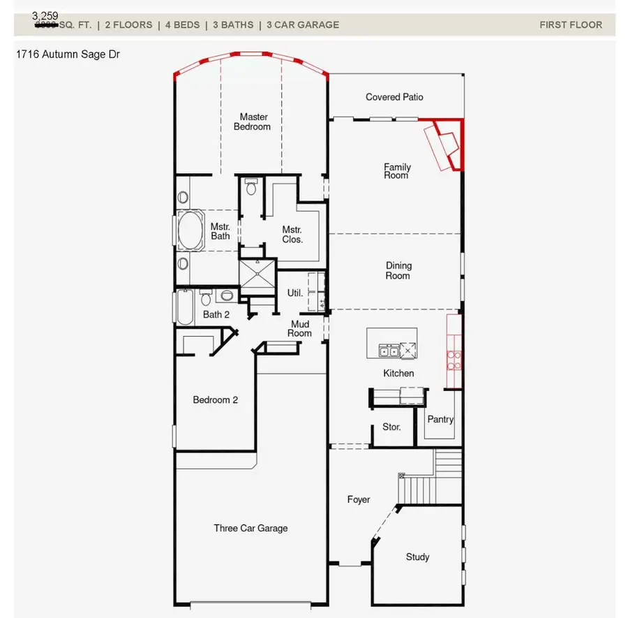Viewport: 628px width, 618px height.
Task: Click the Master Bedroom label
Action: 252,122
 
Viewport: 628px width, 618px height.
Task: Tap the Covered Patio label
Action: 394,97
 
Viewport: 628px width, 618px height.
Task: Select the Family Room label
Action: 397,171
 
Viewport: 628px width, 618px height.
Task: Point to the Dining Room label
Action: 398,270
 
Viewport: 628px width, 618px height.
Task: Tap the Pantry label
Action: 440,420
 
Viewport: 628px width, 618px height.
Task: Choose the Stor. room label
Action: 391,427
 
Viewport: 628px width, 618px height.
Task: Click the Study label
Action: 417,557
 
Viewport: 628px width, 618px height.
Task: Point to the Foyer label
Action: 359,500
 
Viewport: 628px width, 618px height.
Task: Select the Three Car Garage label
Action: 251,529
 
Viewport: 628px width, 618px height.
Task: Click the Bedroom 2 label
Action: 216,400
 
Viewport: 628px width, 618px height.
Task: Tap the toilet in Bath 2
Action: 206,298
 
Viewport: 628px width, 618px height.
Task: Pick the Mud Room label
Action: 300,328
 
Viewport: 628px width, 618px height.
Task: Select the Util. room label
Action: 295,293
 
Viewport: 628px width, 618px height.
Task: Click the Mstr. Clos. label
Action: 292,234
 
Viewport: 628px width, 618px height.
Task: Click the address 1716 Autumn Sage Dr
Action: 67,54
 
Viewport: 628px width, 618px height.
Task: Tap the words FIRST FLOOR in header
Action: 570,25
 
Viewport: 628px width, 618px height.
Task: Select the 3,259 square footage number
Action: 45,15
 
